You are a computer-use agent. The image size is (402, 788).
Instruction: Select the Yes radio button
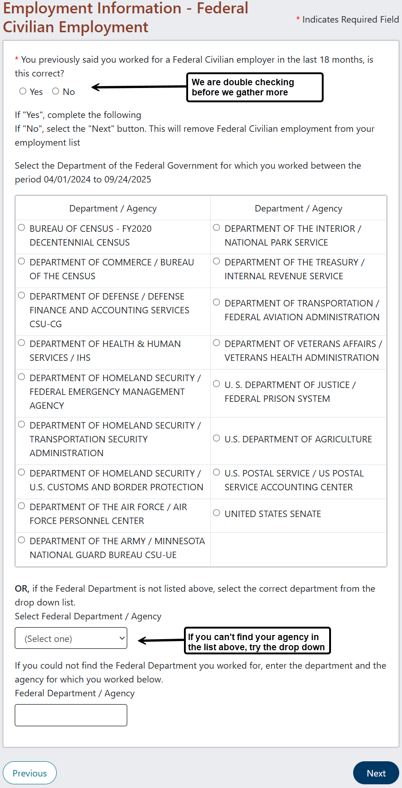pos(23,91)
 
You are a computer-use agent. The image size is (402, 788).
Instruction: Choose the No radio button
pos(55,91)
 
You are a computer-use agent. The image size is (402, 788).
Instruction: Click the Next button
pos(376,773)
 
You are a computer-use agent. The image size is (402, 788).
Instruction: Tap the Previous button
pos(30,773)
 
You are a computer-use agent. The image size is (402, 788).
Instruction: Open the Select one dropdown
pos(71,638)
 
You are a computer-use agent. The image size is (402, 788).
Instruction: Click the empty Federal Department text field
pos(71,715)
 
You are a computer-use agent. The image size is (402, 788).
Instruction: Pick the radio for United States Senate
pos(216,513)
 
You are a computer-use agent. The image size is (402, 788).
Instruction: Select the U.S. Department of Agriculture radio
pos(216,438)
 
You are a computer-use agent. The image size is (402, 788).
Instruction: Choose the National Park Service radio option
pos(216,228)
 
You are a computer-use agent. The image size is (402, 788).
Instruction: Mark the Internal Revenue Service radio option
pos(216,261)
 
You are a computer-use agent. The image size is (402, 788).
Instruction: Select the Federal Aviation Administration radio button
pos(216,302)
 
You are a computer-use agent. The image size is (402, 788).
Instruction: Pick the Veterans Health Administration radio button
pos(216,343)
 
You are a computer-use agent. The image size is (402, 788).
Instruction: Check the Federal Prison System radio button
pos(216,384)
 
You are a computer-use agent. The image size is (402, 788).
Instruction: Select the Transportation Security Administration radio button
pos(21,424)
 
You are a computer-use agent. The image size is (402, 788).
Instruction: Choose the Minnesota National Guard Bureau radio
pos(21,540)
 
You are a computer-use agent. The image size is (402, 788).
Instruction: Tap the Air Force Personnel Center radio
pos(21,506)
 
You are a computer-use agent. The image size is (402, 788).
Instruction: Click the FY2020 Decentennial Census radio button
pos(21,228)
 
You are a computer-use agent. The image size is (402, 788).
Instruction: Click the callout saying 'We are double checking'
pos(255,87)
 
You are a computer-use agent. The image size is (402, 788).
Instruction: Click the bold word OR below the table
pos(22,588)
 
